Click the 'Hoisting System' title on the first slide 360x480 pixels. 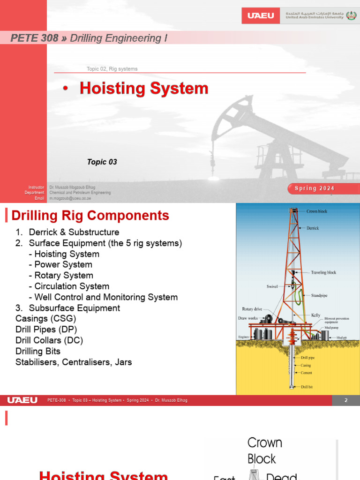(x=144, y=89)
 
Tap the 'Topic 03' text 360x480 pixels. (x=102, y=162)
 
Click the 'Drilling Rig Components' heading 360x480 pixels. (x=90, y=216)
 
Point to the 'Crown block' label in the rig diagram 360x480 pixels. (x=317, y=211)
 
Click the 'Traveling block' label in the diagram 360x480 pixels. (x=323, y=272)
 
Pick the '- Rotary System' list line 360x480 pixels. (x=61, y=276)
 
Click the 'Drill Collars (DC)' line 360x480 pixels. (x=49, y=340)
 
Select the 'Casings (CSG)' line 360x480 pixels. (x=45, y=319)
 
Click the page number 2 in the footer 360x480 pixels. (x=346, y=400)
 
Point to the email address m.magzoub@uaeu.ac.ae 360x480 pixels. (x=70, y=198)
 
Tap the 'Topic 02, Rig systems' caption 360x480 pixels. (x=112, y=69)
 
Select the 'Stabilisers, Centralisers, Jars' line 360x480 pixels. (x=74, y=362)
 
